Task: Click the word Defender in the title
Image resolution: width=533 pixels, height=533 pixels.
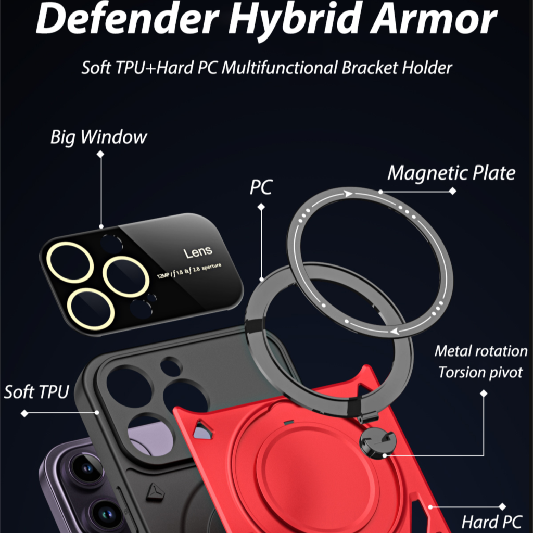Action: tap(127, 19)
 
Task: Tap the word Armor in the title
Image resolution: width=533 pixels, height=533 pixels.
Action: tap(434, 19)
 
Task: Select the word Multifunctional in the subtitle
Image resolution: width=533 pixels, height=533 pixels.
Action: tap(280, 67)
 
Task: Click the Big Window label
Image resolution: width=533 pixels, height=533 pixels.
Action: tap(98, 137)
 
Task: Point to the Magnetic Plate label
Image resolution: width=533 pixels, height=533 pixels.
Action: tap(451, 173)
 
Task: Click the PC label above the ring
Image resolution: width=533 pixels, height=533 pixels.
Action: tap(261, 187)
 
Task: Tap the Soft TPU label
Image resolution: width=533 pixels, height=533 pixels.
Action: tap(37, 391)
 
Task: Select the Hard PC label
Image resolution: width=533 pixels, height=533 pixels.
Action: tap(491, 522)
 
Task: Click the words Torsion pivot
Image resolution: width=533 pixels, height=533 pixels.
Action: tap(480, 373)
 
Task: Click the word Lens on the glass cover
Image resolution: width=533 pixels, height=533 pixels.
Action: tap(198, 252)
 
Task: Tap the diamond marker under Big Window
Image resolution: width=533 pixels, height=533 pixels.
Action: tap(100, 154)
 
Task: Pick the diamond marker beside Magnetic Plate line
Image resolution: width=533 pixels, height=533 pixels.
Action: tap(452, 191)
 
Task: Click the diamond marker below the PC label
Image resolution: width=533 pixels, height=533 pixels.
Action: tap(261, 207)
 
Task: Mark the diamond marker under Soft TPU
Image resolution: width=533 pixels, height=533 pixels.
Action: tap(24, 413)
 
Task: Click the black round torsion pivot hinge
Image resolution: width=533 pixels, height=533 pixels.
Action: tap(378, 442)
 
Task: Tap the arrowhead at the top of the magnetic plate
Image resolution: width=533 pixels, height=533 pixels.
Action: tap(348, 194)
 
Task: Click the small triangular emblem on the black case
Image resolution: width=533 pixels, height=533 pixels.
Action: tap(155, 492)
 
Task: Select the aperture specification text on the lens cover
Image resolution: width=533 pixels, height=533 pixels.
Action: tap(189, 271)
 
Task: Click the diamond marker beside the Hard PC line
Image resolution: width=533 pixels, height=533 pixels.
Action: tap(502, 507)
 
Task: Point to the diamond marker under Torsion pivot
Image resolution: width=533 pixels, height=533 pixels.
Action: tap(484, 394)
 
